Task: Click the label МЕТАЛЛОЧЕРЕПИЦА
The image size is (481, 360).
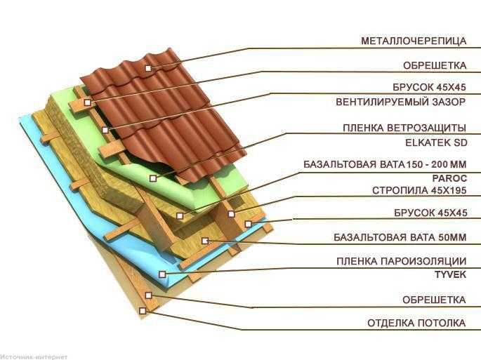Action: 414,41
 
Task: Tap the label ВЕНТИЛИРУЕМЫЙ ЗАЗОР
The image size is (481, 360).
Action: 401,102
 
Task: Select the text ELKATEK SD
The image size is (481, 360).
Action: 436,142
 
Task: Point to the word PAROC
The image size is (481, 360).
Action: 449,178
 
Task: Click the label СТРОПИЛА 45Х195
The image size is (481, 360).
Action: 419,190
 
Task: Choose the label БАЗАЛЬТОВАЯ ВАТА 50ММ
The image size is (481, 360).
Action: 400,237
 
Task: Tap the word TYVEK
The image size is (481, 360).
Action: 450,274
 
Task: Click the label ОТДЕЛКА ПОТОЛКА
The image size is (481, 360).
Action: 416,323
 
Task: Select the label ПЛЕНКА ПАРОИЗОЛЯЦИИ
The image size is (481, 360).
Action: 401,261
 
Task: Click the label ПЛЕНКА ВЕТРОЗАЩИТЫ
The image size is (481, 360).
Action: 404,128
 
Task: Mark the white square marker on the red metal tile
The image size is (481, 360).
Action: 148,68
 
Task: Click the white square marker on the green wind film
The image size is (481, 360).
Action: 153,178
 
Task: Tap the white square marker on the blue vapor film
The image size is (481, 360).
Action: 162,274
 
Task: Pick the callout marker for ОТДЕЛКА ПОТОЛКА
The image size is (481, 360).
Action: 142,311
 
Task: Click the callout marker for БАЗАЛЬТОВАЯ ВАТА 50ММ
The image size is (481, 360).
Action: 205,241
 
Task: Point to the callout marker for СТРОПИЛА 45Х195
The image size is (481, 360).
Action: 231,214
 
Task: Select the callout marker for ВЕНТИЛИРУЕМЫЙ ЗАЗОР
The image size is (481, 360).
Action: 105,130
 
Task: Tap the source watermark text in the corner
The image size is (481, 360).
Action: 34,357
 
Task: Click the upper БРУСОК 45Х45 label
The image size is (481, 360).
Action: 430,88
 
